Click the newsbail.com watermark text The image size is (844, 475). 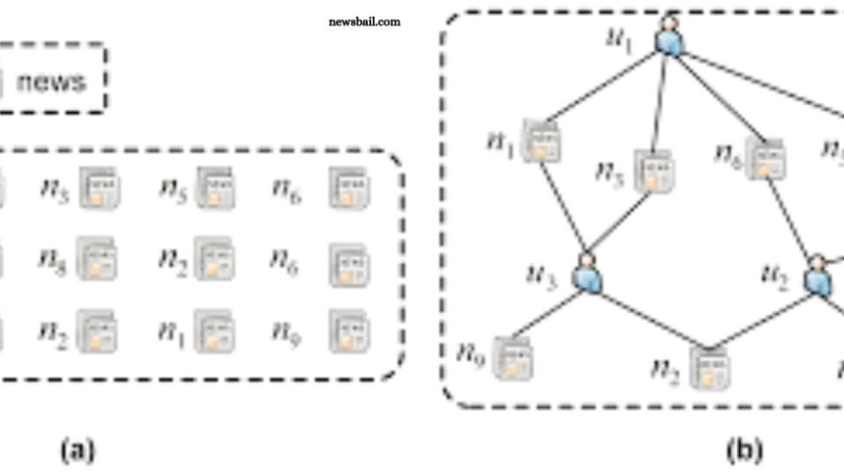coord(364,21)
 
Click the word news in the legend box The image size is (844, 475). coord(50,81)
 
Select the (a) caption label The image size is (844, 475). coord(78,450)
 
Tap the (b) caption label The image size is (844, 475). coord(743,450)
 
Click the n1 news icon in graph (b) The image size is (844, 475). coord(539,141)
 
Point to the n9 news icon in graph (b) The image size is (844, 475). coord(510,356)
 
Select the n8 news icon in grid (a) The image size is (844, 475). coord(97,259)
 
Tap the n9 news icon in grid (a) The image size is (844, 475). coord(348,332)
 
